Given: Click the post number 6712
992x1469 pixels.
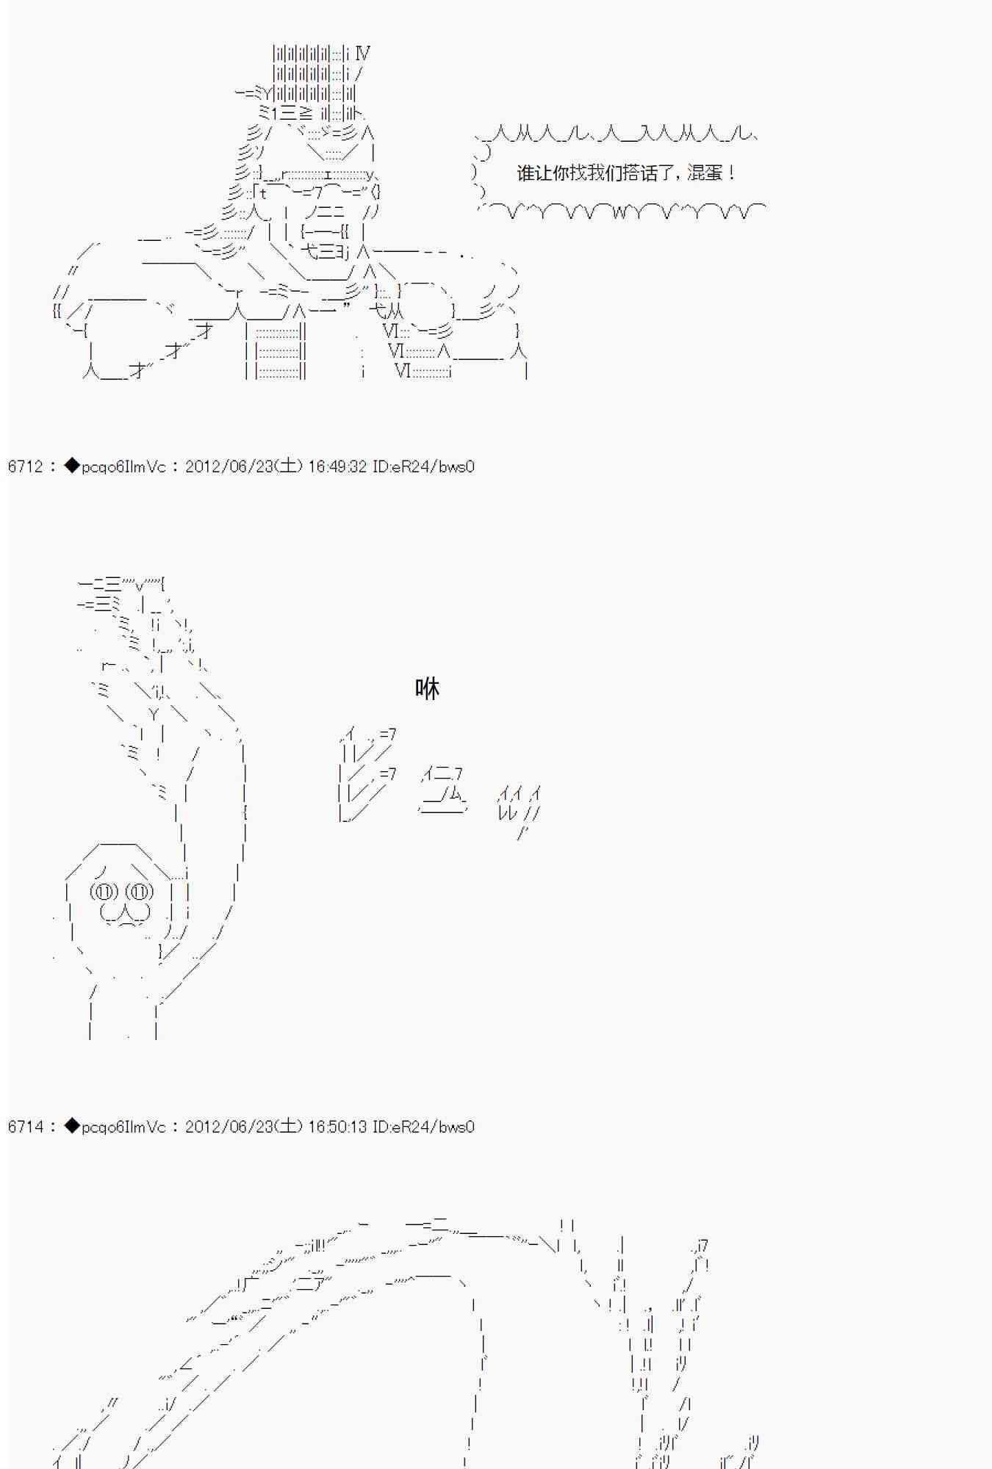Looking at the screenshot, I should (25, 466).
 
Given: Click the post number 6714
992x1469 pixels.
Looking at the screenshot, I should (25, 1127).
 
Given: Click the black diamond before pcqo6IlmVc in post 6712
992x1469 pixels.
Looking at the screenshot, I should (71, 466).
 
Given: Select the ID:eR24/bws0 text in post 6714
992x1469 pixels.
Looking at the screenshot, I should (423, 1127).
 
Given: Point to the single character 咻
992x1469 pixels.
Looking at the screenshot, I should (427, 688).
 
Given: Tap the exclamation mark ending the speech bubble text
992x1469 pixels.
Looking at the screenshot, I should (732, 173).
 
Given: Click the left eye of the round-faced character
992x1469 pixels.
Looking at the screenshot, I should (104, 892).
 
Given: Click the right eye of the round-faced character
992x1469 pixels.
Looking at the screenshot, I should (140, 892).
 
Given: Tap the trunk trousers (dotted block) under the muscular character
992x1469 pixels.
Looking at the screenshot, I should (279, 351).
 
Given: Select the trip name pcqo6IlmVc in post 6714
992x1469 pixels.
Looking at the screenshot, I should (123, 1127).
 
